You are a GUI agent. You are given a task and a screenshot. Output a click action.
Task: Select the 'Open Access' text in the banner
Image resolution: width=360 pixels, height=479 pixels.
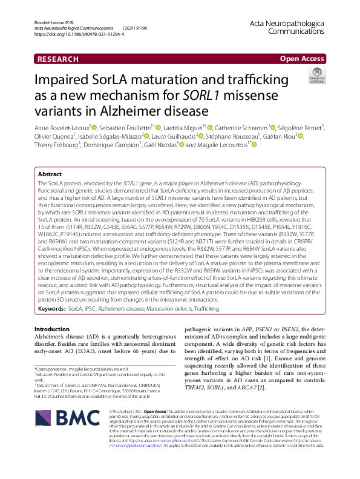(x=302, y=59)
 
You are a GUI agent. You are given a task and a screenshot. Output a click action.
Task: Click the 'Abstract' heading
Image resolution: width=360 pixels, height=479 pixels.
(x=50, y=174)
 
